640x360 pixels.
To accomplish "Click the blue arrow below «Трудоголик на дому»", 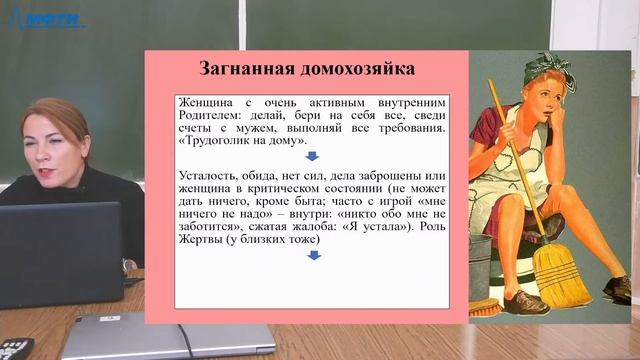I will [312, 157].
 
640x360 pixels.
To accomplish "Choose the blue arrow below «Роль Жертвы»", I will [312, 256].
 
